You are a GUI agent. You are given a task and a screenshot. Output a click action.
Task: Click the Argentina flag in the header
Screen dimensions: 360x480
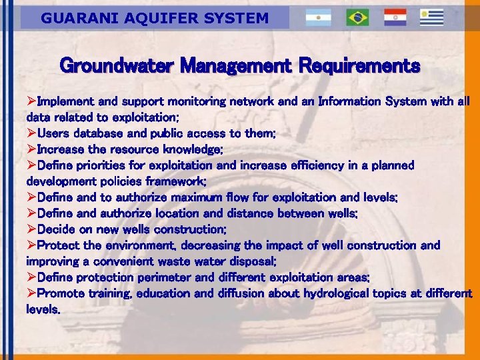(319, 18)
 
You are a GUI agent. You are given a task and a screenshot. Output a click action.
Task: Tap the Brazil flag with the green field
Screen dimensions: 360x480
(357, 18)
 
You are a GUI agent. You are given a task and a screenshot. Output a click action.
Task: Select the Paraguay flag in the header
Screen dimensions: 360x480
(395, 18)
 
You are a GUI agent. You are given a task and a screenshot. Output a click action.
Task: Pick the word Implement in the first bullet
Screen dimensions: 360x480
(65, 102)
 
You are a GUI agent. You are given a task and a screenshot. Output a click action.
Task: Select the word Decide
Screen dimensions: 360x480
(56, 229)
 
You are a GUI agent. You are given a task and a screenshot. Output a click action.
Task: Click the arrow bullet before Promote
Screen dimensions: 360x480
(31, 293)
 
